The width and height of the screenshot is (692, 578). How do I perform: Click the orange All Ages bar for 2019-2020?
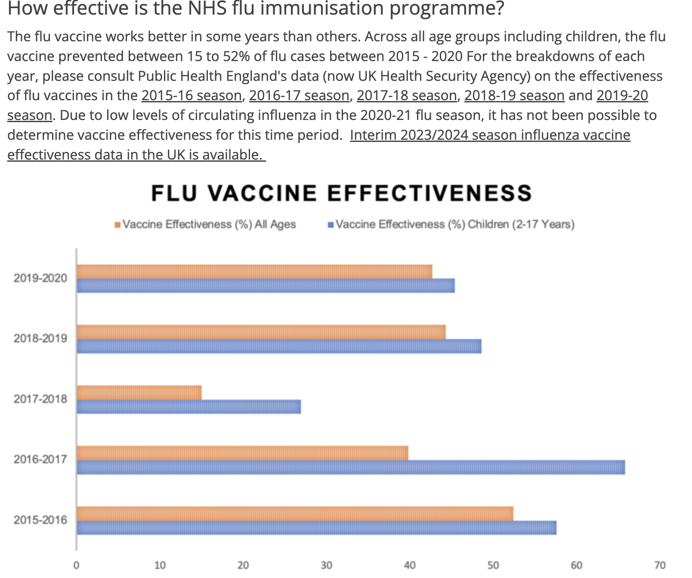[254, 272]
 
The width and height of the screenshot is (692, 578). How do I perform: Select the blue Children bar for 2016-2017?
[351, 467]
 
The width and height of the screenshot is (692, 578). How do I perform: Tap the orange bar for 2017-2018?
[139, 393]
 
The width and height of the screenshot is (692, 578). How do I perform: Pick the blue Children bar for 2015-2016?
[316, 528]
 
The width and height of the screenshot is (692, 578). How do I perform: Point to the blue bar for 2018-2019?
[279, 346]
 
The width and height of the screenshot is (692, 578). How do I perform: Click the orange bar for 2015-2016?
[295, 513]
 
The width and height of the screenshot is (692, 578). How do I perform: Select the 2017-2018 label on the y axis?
[40, 399]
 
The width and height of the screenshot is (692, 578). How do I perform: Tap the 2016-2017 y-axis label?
[40, 459]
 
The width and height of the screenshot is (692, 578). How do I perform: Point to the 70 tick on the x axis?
[660, 565]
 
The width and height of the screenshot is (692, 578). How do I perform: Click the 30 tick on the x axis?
[326, 565]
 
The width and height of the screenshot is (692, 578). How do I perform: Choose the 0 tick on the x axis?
[77, 565]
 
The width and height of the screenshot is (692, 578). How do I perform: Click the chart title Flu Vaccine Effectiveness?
[342, 193]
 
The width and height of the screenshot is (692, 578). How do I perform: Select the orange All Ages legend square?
[117, 225]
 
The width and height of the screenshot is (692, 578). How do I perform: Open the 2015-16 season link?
[192, 95]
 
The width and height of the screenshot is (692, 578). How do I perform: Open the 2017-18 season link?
[407, 95]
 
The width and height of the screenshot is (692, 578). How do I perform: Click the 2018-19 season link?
[514, 95]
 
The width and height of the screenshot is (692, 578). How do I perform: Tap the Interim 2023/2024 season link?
[490, 135]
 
